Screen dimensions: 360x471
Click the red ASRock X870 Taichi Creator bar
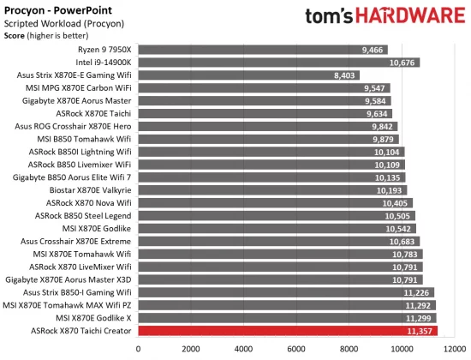click(287, 330)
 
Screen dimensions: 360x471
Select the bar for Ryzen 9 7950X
click(262, 50)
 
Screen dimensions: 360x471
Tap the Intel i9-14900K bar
click(278, 63)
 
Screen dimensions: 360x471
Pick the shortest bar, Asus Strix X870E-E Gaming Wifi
click(248, 75)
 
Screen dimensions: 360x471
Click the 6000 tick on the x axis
click(296, 348)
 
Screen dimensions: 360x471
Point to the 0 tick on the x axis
click(138, 348)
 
